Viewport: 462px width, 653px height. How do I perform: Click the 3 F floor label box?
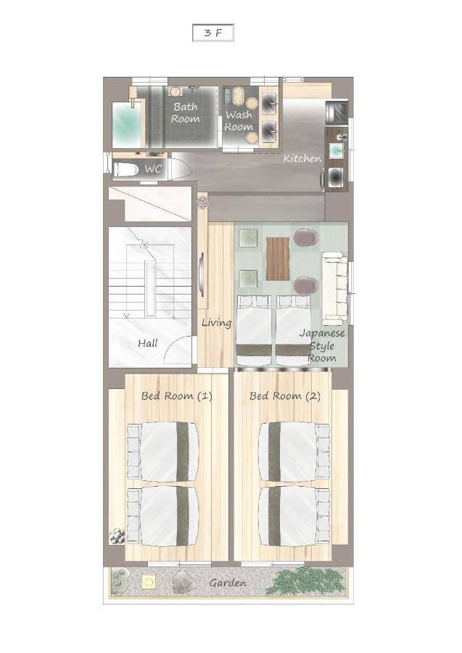[x=213, y=33]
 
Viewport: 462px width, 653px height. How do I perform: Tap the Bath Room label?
[x=186, y=112]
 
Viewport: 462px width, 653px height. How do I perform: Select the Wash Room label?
[x=239, y=120]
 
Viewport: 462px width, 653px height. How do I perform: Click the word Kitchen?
[x=302, y=158]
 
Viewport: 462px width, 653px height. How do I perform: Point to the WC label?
[x=153, y=169]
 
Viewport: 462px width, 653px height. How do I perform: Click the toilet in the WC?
[x=125, y=170]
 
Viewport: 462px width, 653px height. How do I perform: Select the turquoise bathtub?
[x=127, y=125]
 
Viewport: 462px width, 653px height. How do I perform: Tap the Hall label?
[x=148, y=344]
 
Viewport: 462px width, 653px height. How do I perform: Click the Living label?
[x=216, y=323]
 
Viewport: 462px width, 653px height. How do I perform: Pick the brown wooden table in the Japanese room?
[x=278, y=258]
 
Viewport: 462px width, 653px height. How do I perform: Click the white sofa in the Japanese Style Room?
[x=334, y=288]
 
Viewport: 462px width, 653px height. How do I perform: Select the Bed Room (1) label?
[x=177, y=395]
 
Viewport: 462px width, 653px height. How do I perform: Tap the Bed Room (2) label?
[x=285, y=395]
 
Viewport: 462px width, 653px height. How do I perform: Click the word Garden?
[x=228, y=583]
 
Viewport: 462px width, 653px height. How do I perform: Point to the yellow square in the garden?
[x=149, y=582]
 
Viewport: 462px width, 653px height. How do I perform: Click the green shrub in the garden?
[x=306, y=581]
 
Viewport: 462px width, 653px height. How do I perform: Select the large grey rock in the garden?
[x=185, y=581]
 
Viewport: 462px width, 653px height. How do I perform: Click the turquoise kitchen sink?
[x=337, y=150]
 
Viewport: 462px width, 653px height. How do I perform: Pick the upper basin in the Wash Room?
[x=269, y=100]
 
